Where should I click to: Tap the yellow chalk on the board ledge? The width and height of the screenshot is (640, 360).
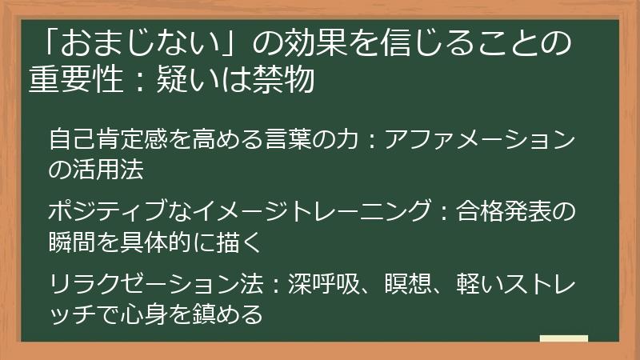(x=563, y=338)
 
